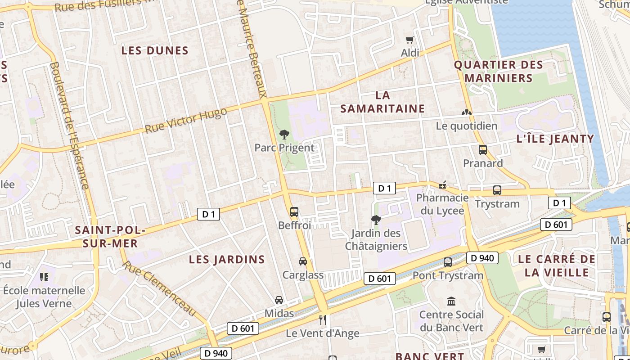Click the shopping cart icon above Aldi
point(409,40)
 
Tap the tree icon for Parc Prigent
point(284,134)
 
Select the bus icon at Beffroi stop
point(294,211)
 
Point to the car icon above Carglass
point(303,261)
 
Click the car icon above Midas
point(279,300)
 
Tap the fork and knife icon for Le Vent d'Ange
point(322,320)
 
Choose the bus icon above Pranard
point(483,150)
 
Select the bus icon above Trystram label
point(497,190)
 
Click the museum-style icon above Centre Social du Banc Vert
point(451,301)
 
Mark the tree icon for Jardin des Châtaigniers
point(376,220)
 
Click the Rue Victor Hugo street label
point(185,121)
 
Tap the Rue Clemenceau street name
point(160,288)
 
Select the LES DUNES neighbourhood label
point(155,50)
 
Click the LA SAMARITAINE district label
point(382,102)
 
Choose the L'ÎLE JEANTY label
point(555,139)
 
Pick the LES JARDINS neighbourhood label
point(227,259)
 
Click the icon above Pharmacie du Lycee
point(443,184)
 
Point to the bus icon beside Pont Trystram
point(448,262)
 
